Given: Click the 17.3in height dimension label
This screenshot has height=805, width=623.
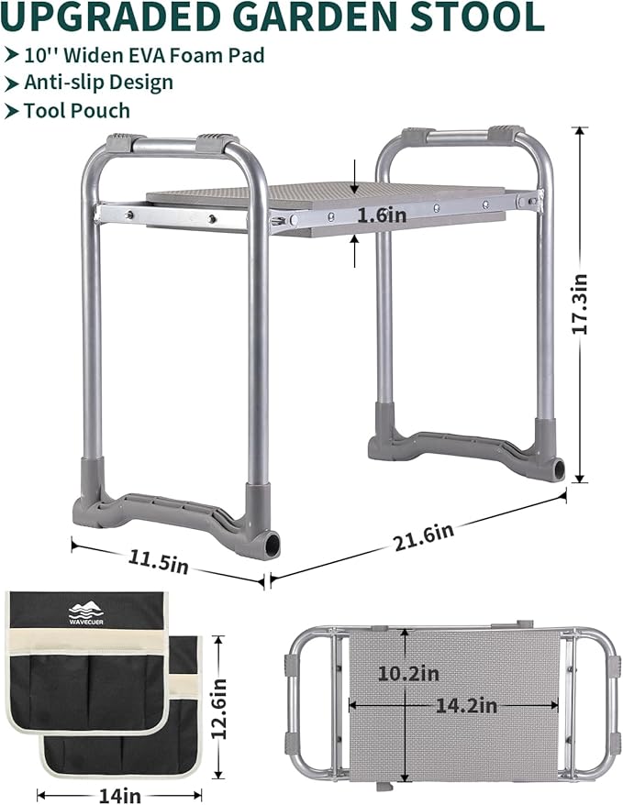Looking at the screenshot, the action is tap(580, 304).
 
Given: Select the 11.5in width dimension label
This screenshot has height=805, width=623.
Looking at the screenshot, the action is tap(158, 561).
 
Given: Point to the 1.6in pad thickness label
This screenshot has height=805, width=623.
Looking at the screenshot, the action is tap(382, 215).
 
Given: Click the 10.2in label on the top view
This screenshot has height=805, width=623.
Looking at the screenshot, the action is tap(408, 673).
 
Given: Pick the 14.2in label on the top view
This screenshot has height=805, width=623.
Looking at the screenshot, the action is tap(466, 705).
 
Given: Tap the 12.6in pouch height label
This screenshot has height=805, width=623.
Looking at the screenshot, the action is tap(219, 709).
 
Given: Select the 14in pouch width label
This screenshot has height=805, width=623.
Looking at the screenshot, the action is tap(119, 796).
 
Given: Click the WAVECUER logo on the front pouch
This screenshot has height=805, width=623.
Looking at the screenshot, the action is tap(85, 613).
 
